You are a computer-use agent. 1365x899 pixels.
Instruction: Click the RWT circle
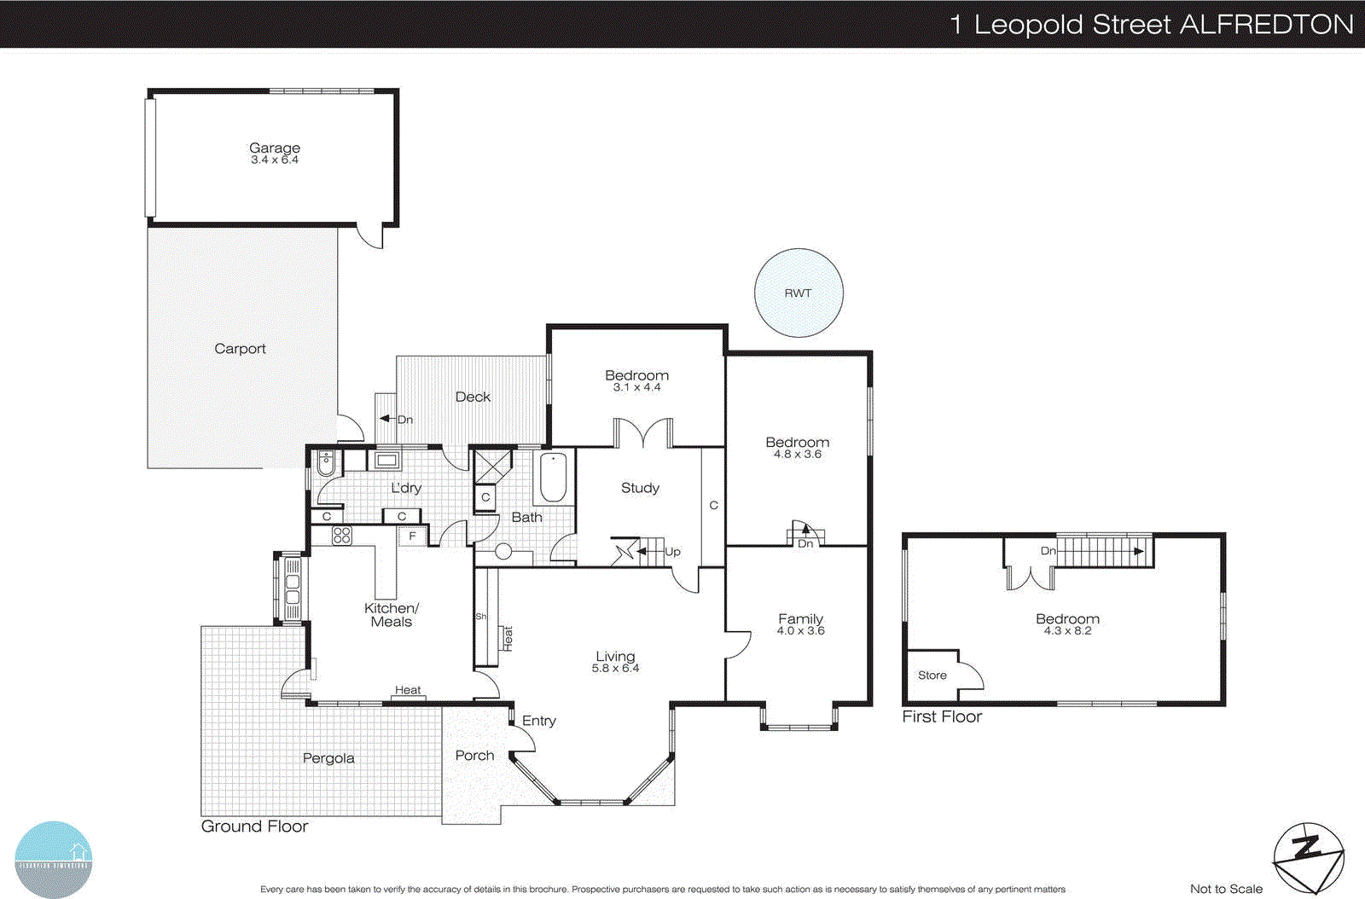pos(799,293)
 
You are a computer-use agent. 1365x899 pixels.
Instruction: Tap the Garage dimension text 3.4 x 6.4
pos(275,159)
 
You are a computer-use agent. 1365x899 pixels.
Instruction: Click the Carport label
pos(240,348)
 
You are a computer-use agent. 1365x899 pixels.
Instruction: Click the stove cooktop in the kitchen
pos(342,536)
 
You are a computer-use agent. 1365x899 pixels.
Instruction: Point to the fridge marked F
pos(412,536)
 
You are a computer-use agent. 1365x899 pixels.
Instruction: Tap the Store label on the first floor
pos(932,675)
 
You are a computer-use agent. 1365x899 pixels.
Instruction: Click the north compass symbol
pos(1309,857)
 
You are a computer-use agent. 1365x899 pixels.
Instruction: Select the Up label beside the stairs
pos(672,552)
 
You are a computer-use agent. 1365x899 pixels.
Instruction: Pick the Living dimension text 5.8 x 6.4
pos(615,668)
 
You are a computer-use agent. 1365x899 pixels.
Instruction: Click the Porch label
pos(474,755)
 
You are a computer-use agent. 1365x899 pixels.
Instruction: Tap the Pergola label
pos(328,758)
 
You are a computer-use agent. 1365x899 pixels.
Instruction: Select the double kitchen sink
pos(292,588)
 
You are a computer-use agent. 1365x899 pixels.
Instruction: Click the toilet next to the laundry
pos(326,463)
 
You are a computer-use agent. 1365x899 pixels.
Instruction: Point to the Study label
pos(640,488)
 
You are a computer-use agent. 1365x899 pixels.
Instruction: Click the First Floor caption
pos(942,716)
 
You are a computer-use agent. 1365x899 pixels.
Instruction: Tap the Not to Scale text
pos(1226,889)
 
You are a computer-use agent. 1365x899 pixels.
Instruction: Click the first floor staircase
pos(1104,551)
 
